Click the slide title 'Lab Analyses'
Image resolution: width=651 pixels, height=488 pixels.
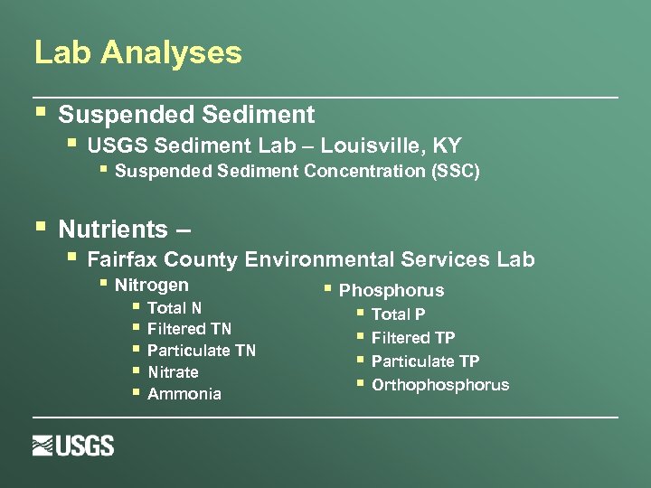[x=137, y=52]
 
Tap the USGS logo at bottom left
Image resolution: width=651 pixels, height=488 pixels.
[x=73, y=446]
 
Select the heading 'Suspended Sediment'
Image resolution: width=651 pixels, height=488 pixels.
[x=186, y=115]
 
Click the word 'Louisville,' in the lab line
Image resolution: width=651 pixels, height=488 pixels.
[x=381, y=145]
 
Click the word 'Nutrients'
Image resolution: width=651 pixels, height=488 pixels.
[x=113, y=229]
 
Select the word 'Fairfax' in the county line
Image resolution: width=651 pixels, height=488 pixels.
[x=124, y=259]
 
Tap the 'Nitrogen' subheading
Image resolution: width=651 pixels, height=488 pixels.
[x=152, y=286]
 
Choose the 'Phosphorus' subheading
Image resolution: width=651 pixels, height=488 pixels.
[x=392, y=290]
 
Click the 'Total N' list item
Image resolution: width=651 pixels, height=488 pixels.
[x=175, y=307]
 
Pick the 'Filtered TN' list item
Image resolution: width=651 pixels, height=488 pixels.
[x=189, y=329]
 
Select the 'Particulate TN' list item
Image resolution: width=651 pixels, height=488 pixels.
[x=201, y=351]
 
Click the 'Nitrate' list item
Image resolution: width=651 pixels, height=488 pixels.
[x=173, y=372]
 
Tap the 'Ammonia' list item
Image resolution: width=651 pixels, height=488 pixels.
[x=184, y=394]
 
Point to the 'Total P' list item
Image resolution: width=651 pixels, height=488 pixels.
[x=398, y=314]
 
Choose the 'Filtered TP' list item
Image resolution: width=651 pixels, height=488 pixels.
[x=413, y=338]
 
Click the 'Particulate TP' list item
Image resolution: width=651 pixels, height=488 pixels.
[x=425, y=361]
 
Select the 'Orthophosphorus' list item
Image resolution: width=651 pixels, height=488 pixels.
[x=440, y=385]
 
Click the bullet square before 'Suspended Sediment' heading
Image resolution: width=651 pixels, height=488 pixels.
[x=39, y=113]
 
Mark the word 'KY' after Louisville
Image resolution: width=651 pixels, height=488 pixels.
[x=447, y=145]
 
